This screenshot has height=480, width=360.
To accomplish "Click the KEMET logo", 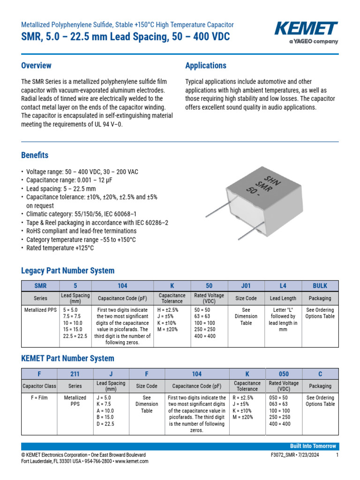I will click(x=306, y=30).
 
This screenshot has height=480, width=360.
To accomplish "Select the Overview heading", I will click(x=36, y=66).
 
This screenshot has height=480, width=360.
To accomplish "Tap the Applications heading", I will click(x=206, y=66).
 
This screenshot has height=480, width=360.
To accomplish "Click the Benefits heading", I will click(x=35, y=155).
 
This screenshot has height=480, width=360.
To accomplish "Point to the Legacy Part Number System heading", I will click(x=67, y=270).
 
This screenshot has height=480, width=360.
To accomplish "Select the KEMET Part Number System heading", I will click(x=67, y=358).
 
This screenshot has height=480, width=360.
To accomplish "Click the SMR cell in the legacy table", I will click(x=40, y=286).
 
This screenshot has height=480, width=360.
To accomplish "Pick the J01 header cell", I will click(x=246, y=286).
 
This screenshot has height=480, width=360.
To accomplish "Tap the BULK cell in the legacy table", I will click(x=320, y=286).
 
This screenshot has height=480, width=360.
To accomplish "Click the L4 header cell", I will click(x=284, y=286).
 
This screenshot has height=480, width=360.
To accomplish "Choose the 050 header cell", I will click(x=284, y=374).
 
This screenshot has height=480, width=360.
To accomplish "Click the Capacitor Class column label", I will click(x=39, y=386).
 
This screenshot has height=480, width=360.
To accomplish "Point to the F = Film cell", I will click(x=39, y=398).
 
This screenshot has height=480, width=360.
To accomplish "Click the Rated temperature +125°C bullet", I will click(x=60, y=248).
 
